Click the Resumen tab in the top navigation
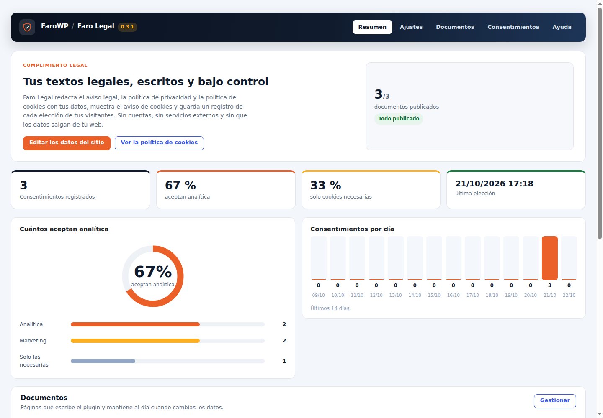pyautogui.click(x=372, y=27)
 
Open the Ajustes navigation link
pyautogui.click(x=411, y=27)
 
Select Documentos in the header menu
pyautogui.click(x=455, y=27)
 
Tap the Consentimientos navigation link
pyautogui.click(x=513, y=27)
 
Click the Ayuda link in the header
pyautogui.click(x=562, y=27)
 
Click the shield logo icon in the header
pyautogui.click(x=27, y=27)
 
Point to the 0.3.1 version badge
pyautogui.click(x=127, y=27)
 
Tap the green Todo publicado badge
pyautogui.click(x=399, y=118)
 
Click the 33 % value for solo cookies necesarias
pyautogui.click(x=325, y=185)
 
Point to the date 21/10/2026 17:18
pyautogui.click(x=494, y=184)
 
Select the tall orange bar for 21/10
pyautogui.click(x=550, y=258)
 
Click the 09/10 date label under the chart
pyautogui.click(x=318, y=295)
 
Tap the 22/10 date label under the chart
pyautogui.click(x=569, y=295)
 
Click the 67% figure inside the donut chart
pyautogui.click(x=153, y=272)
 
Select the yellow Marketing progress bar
pyautogui.click(x=135, y=341)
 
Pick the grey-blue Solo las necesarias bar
pyautogui.click(x=103, y=361)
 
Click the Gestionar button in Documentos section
pyautogui.click(x=555, y=401)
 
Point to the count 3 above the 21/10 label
pyautogui.click(x=550, y=285)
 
